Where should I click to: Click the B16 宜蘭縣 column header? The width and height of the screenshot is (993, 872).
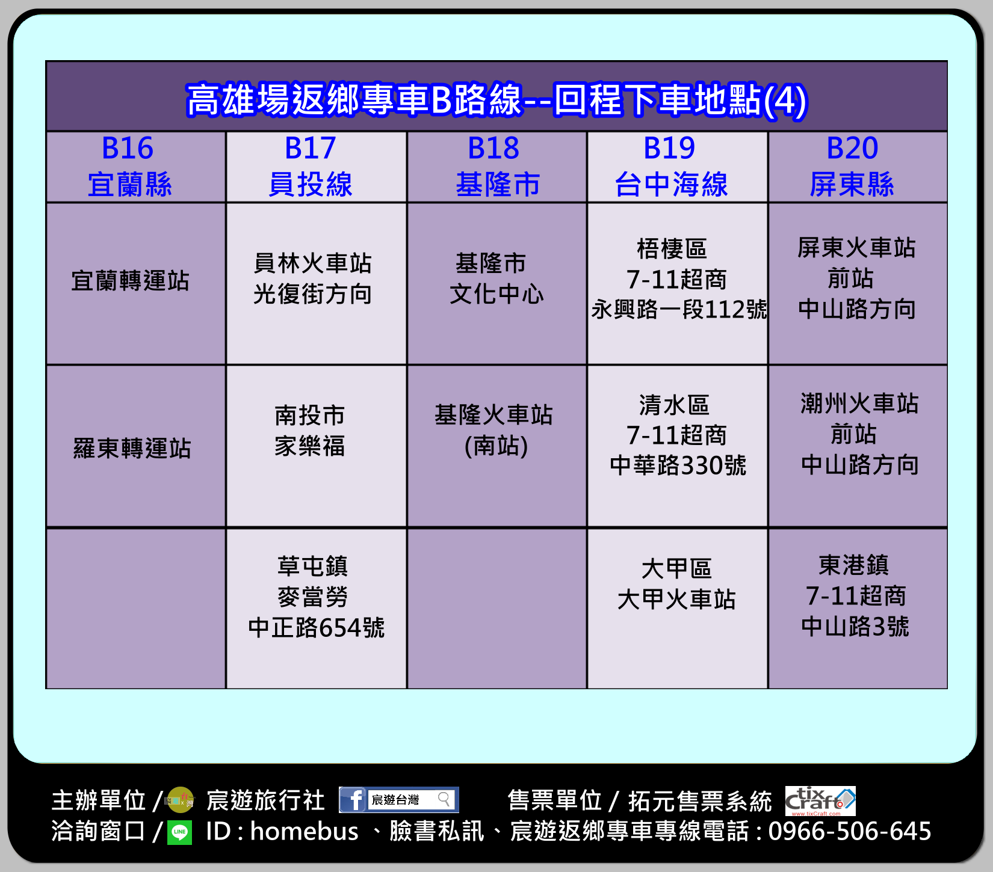coord(136,167)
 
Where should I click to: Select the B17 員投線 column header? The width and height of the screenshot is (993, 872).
coord(317,167)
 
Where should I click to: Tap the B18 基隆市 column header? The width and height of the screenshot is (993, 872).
coord(497,167)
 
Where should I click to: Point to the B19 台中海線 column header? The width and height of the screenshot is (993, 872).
coord(678,167)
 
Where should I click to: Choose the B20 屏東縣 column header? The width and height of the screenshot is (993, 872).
coord(858,167)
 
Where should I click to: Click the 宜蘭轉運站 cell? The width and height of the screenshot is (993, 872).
coord(136,283)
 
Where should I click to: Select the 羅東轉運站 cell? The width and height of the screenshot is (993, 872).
coord(136,446)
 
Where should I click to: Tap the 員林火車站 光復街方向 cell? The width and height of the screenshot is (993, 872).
coord(317,283)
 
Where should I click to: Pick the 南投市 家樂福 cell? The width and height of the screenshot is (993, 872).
coord(317,446)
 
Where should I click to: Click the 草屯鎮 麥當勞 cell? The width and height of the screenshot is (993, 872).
coord(317,609)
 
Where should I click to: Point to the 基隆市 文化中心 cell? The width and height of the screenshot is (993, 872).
coord(497,283)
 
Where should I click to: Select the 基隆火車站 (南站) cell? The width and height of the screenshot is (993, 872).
coord(497,446)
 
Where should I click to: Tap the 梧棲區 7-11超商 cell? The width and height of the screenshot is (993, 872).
coord(678,283)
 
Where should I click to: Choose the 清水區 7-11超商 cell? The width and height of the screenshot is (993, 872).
coord(678,446)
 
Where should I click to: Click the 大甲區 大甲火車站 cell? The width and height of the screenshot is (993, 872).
coord(678,609)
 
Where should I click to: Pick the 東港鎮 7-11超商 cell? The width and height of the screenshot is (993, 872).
coord(858,609)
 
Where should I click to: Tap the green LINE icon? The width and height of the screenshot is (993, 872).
coord(179,833)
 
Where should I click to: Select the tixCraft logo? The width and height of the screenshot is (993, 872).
coord(820,801)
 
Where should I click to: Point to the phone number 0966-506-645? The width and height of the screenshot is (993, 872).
coord(850,831)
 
